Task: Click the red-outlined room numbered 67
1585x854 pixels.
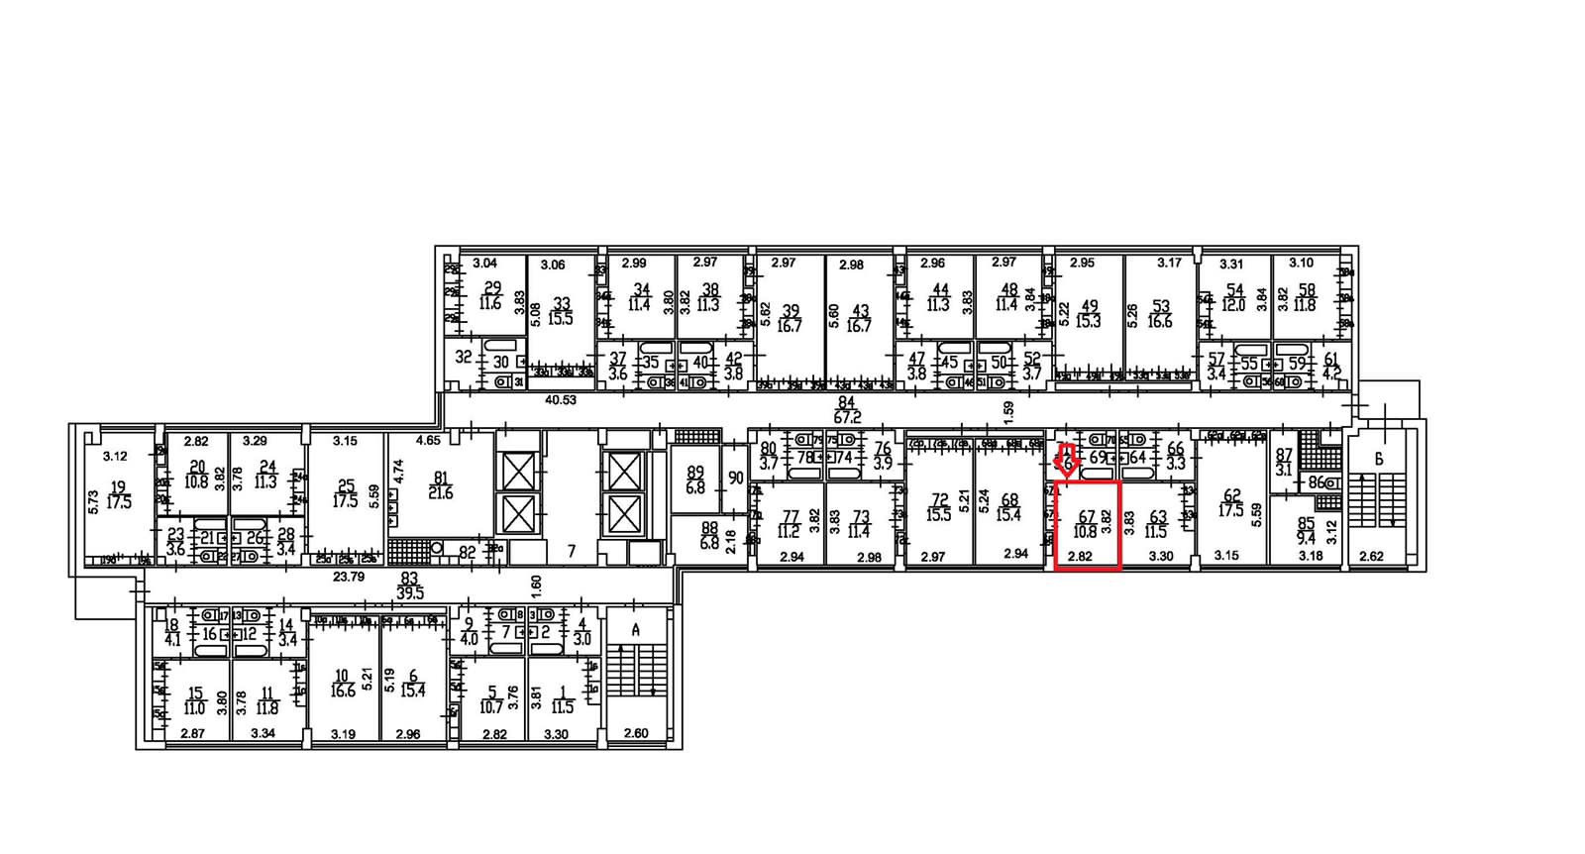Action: pyautogui.click(x=1087, y=525)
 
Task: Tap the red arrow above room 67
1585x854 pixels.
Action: pyautogui.click(x=1066, y=462)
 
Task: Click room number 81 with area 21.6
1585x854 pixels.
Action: pyautogui.click(x=441, y=479)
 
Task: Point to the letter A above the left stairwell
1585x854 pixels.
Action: pyautogui.click(x=636, y=630)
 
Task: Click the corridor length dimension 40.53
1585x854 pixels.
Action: pyautogui.click(x=561, y=400)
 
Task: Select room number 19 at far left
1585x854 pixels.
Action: pyautogui.click(x=119, y=487)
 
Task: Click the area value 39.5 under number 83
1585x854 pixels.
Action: pyautogui.click(x=409, y=592)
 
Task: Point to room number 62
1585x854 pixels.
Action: pyautogui.click(x=1231, y=496)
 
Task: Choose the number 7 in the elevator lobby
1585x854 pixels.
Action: pyautogui.click(x=571, y=551)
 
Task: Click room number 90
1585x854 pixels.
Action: pyautogui.click(x=735, y=478)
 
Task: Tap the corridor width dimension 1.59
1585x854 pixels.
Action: pyautogui.click(x=1008, y=407)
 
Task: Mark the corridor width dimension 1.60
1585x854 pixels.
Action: pyautogui.click(x=536, y=586)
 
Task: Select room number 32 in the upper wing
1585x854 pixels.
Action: pyautogui.click(x=463, y=357)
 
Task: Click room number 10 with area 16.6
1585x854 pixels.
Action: pyautogui.click(x=342, y=676)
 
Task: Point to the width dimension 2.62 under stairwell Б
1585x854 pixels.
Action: pyautogui.click(x=1371, y=557)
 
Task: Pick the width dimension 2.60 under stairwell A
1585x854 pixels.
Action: pyautogui.click(x=636, y=733)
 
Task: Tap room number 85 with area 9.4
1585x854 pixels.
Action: pyautogui.click(x=1307, y=523)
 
